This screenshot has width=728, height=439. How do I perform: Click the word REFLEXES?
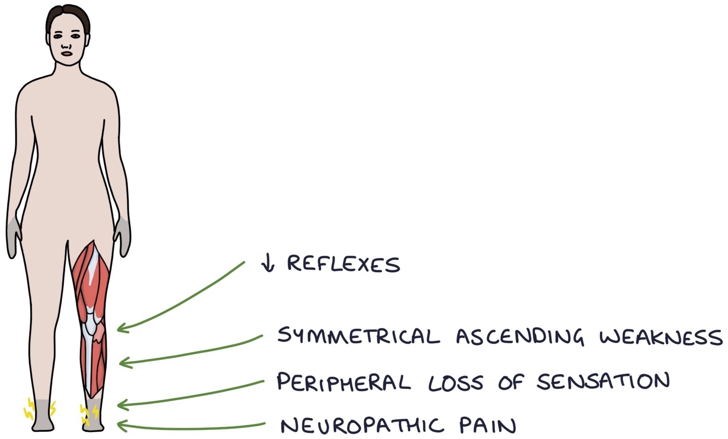[x=343, y=264]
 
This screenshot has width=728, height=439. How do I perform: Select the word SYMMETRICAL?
[x=358, y=336]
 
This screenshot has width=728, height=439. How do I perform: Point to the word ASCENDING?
[x=519, y=337]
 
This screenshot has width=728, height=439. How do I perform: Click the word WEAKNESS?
[x=661, y=337]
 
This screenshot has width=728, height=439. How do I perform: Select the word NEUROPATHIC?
[x=362, y=425]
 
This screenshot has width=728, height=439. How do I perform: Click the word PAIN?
[x=488, y=425]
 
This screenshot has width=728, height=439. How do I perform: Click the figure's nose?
[x=67, y=46]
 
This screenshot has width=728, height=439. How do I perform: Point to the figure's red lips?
[x=67, y=53]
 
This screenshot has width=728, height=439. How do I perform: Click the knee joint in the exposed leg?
[x=93, y=329]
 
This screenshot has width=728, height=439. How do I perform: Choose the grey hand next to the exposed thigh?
[x=122, y=236]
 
